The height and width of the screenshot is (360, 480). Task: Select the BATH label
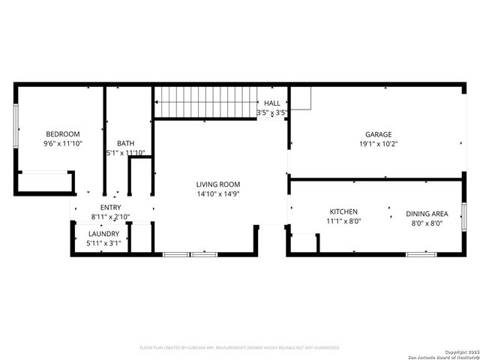(x=125, y=143)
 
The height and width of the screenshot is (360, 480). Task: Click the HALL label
(x=272, y=103)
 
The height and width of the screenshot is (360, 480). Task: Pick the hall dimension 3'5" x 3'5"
(x=272, y=112)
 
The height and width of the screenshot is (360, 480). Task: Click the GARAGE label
(x=378, y=135)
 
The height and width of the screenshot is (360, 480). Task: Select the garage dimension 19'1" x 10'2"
(x=378, y=144)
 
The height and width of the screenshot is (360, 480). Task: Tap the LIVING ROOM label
(x=217, y=184)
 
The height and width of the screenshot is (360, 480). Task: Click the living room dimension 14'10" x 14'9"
(x=217, y=193)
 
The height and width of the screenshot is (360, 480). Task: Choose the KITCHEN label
(x=344, y=212)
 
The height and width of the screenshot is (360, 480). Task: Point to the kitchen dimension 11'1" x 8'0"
(x=344, y=221)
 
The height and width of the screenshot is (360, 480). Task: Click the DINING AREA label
(x=427, y=214)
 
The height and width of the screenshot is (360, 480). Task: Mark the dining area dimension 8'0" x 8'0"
(x=427, y=223)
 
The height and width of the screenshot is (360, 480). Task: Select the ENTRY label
(x=110, y=208)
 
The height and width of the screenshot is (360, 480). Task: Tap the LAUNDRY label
(x=103, y=234)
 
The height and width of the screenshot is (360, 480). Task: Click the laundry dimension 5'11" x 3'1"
(x=103, y=243)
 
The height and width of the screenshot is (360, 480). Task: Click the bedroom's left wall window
(x=16, y=126)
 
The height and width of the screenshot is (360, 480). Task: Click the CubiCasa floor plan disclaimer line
(x=240, y=347)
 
